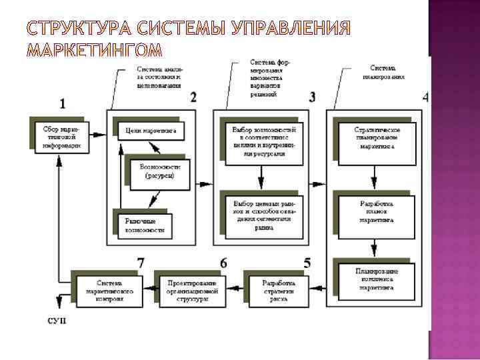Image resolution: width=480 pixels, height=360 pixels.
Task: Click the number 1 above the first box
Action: pos(63,103)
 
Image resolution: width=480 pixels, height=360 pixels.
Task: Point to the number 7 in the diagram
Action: pos(141,263)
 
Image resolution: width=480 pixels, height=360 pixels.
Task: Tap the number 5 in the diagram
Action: pos(307,263)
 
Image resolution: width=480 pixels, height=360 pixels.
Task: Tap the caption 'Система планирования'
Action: pos(387,72)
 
